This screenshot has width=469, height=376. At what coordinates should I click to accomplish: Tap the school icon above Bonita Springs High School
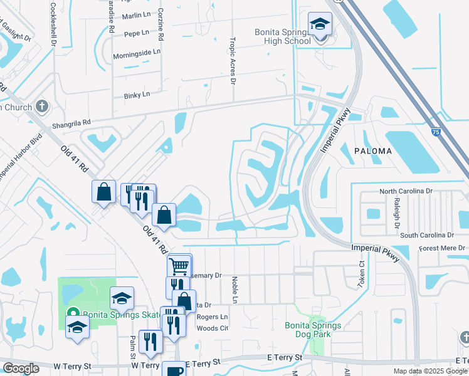[x=320, y=25]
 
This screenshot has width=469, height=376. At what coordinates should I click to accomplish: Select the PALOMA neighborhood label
[x=372, y=151]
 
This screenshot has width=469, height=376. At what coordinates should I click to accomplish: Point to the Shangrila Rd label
[x=72, y=122]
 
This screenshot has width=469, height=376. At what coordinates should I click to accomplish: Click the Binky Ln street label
[x=137, y=95]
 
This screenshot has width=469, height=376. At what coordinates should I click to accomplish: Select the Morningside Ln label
[x=137, y=54]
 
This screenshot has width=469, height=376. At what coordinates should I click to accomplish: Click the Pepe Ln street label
[x=137, y=33]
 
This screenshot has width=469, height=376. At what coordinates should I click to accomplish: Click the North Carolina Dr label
[x=415, y=191]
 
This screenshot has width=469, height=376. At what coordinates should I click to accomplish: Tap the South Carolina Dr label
[x=426, y=235]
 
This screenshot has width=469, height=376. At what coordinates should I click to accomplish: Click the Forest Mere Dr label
[x=443, y=248]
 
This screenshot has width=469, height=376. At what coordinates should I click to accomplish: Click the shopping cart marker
[x=179, y=266]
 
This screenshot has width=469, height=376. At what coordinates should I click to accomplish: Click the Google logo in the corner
[x=21, y=368]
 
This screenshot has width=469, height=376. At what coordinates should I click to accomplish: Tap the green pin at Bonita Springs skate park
[x=73, y=313]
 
